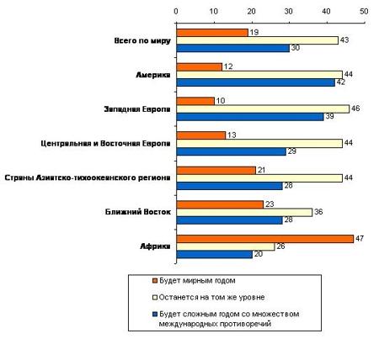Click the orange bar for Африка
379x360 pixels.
264,238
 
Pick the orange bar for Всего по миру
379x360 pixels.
211,32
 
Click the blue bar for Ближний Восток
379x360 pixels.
228,220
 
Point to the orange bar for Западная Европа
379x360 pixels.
195,100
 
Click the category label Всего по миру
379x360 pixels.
142,40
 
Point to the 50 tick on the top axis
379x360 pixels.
364,12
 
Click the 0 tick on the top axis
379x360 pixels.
175,12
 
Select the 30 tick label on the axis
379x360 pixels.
289,12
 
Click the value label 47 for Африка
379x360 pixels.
359,238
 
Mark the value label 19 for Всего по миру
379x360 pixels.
254,32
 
